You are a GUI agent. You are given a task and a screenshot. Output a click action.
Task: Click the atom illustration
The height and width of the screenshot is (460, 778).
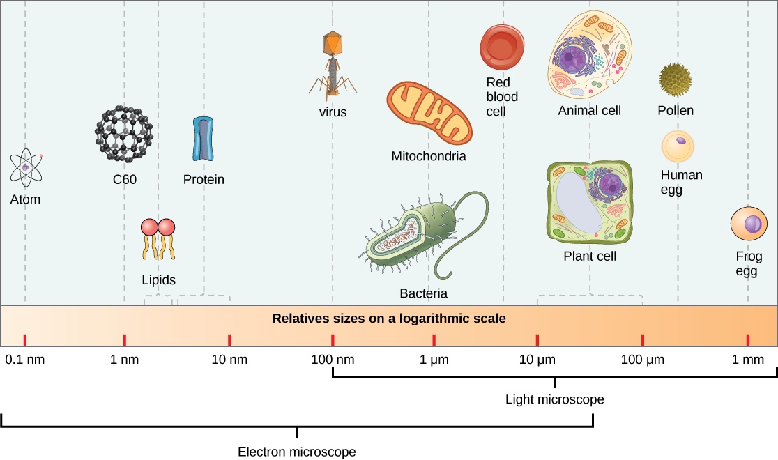(x=26, y=167)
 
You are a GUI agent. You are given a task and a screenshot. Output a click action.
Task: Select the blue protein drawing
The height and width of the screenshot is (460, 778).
(x=204, y=139)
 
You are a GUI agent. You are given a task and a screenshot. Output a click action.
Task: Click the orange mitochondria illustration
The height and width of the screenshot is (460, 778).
(x=428, y=112)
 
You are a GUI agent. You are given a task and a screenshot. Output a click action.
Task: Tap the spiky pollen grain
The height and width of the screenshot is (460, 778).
(x=675, y=79)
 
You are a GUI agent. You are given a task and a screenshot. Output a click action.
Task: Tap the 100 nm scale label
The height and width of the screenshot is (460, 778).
(x=333, y=360)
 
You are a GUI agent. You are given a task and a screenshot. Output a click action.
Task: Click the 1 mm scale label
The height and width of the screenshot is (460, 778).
(x=747, y=360)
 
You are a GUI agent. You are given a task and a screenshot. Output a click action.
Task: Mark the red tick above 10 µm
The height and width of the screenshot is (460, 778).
(x=537, y=340)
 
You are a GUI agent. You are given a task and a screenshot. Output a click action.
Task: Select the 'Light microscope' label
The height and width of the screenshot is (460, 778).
(x=554, y=400)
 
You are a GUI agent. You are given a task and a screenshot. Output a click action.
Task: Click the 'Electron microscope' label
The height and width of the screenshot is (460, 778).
(x=297, y=452)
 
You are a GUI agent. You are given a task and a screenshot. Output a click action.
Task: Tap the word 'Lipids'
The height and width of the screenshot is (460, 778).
(x=158, y=280)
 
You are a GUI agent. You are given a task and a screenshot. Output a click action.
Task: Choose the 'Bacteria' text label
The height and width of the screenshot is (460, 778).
(x=423, y=293)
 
